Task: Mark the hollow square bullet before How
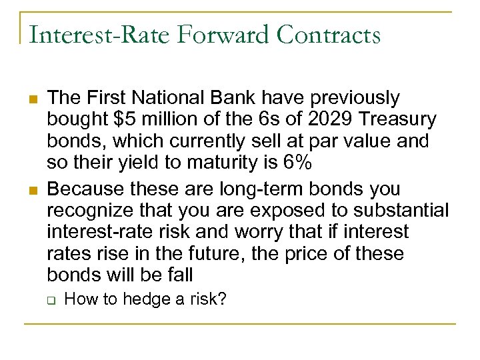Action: point(51,299)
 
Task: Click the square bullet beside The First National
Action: point(31,99)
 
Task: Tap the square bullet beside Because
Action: point(31,189)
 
